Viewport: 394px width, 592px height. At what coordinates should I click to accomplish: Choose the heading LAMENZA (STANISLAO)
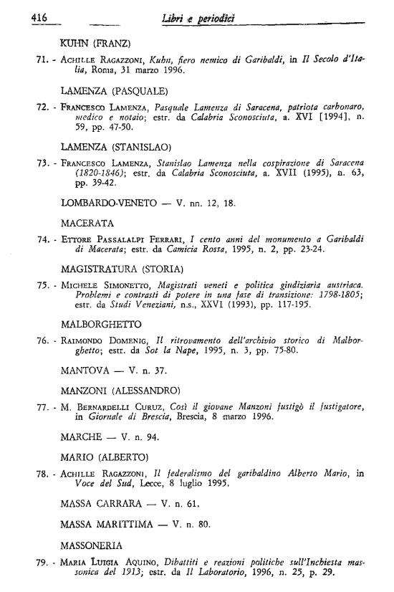click(117, 147)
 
